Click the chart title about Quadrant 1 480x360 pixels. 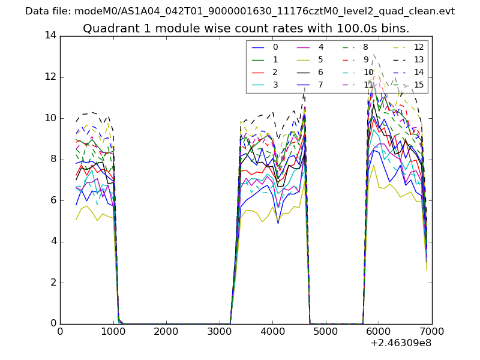pos(246,28)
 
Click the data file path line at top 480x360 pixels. pos(240,11)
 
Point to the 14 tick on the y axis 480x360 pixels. pos(50,36)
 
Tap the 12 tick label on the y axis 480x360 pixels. pos(50,77)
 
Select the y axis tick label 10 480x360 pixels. pos(50,118)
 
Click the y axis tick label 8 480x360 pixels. pos(53,160)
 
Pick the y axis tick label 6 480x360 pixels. pos(53,200)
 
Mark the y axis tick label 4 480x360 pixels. pos(53,242)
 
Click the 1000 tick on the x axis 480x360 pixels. pos(113,332)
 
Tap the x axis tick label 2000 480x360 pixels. pos(166,332)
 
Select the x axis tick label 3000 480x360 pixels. pos(219,332)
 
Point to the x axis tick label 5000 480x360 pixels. pos(325,332)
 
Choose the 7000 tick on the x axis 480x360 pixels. pos(431,332)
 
